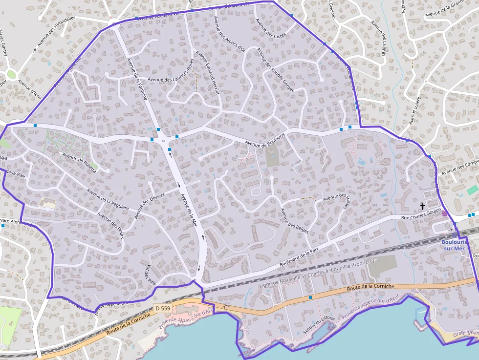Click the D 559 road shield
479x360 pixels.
(x=163, y=308)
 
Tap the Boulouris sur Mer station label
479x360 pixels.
(x=454, y=245)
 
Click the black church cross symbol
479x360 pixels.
(x=422, y=207)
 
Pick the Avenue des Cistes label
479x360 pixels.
(x=271, y=30)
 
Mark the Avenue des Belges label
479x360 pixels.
(x=294, y=221)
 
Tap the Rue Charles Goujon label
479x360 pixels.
(x=421, y=217)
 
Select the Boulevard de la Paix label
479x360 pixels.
(x=299, y=257)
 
